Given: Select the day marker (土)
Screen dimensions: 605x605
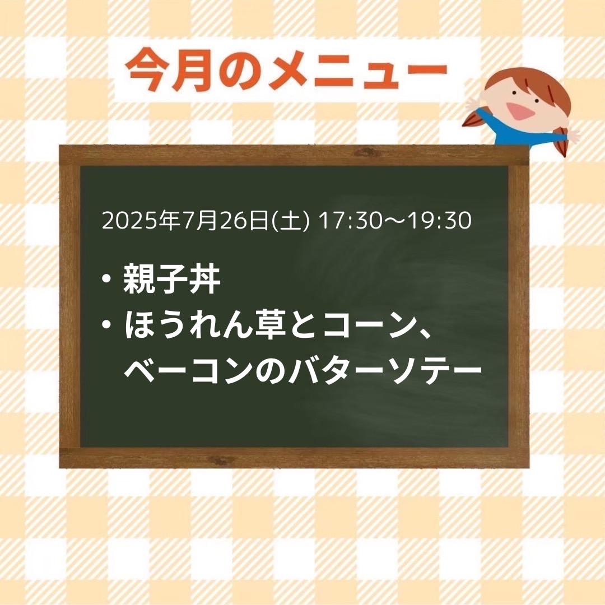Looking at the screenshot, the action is point(291,221).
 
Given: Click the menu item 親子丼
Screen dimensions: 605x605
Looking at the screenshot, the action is point(172,278).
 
